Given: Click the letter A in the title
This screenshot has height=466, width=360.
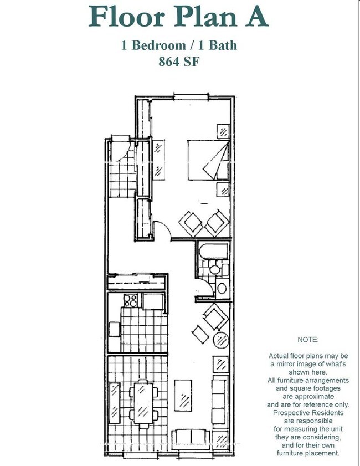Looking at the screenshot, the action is [x=256, y=16].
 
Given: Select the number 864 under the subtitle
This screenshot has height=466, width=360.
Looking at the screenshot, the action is [x=169, y=62].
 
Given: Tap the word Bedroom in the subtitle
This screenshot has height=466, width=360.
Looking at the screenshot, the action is [x=158, y=45].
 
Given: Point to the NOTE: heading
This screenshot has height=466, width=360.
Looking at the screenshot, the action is [x=308, y=340].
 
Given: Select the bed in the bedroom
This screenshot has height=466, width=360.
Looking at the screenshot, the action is [x=208, y=160].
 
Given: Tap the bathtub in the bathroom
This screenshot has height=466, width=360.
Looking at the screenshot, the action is [x=214, y=251].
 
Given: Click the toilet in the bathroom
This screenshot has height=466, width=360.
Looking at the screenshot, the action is [x=218, y=269].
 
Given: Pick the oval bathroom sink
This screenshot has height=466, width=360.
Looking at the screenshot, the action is [x=222, y=288].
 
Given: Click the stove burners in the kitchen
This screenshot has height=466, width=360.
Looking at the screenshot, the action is [x=131, y=300].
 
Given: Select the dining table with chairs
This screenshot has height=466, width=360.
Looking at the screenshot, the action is [x=143, y=404].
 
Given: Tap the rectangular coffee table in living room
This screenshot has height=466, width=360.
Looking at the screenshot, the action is [x=183, y=395].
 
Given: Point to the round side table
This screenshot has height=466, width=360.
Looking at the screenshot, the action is [x=222, y=340].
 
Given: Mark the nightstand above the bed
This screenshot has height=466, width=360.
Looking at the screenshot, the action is [x=223, y=131].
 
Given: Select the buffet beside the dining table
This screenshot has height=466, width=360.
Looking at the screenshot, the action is [x=115, y=403].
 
